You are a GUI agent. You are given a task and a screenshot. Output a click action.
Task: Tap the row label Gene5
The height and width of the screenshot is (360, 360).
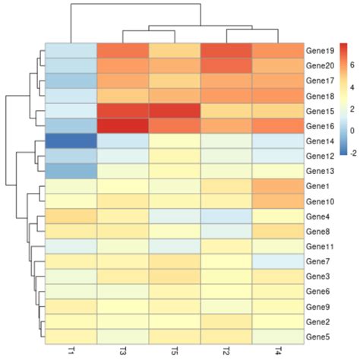(x=317, y=335)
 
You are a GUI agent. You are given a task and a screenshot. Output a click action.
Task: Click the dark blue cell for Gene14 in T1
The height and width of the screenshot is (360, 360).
(x=71, y=141)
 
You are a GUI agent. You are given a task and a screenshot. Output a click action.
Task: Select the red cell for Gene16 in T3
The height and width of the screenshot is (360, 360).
(x=122, y=126)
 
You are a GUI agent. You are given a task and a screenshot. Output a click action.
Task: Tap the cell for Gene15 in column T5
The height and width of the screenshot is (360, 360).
(x=174, y=111)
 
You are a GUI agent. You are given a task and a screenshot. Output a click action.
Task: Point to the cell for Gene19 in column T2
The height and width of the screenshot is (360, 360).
(x=226, y=52)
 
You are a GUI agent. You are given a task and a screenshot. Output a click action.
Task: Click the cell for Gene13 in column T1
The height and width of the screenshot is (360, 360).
(x=71, y=171)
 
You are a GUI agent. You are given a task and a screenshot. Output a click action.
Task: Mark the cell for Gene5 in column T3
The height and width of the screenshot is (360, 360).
(x=122, y=335)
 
